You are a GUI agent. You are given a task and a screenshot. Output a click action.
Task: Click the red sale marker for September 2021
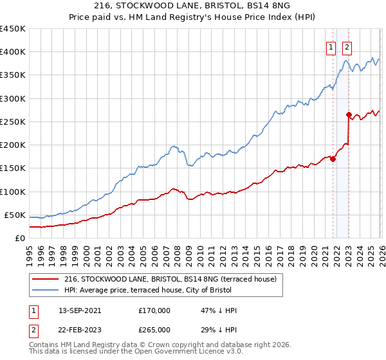[333, 159]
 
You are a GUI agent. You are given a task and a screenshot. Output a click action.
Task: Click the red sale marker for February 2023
[349, 115]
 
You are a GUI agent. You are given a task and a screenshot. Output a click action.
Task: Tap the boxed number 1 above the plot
[331, 46]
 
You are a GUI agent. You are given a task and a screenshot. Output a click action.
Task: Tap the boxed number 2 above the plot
[347, 46]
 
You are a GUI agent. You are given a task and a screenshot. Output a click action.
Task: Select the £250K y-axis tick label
[13, 122]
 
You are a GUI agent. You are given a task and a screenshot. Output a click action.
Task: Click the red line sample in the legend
[46, 279]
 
